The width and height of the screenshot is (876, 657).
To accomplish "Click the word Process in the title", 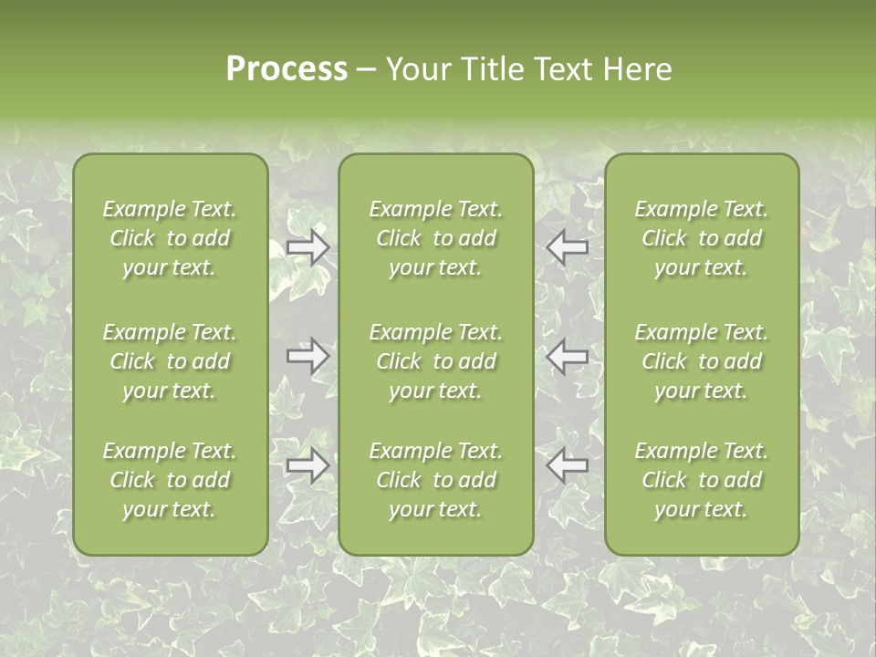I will click(287, 69).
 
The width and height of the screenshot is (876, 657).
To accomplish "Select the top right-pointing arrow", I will click(308, 247).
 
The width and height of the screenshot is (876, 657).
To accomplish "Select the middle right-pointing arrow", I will click(308, 355).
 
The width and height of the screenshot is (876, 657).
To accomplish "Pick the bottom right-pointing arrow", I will click(308, 465).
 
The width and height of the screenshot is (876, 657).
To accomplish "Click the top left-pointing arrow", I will click(568, 247).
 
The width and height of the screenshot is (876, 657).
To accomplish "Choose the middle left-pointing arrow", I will click(568, 355).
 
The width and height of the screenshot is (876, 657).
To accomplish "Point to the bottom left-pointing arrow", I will click(568, 465).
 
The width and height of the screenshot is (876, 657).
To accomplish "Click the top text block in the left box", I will click(170, 238).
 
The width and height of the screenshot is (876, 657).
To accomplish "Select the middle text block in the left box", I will click(170, 361).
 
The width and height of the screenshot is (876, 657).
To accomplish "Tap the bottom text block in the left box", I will click(170, 480).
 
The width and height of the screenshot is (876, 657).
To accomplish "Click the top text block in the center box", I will click(435, 238).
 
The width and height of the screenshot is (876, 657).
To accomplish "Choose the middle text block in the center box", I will click(435, 361).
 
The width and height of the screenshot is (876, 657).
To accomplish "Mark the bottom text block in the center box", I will click(435, 480).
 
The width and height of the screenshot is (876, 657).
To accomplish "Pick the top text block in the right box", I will click(701, 238).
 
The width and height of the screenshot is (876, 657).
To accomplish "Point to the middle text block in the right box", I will click(701, 361).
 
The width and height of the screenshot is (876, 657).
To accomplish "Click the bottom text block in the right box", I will click(701, 480).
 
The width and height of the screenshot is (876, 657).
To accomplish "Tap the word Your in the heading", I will click(415, 69).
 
